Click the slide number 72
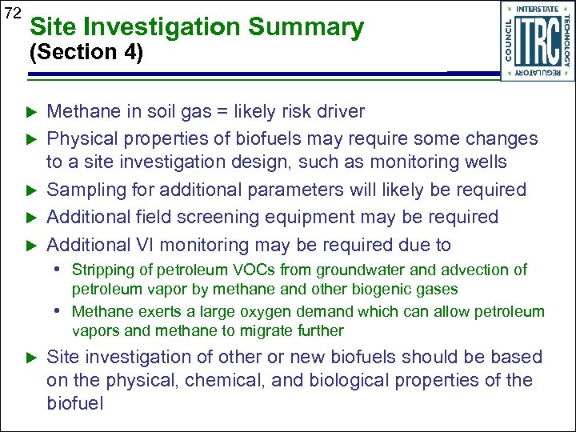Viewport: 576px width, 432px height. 12,13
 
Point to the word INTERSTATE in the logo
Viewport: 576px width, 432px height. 538,9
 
